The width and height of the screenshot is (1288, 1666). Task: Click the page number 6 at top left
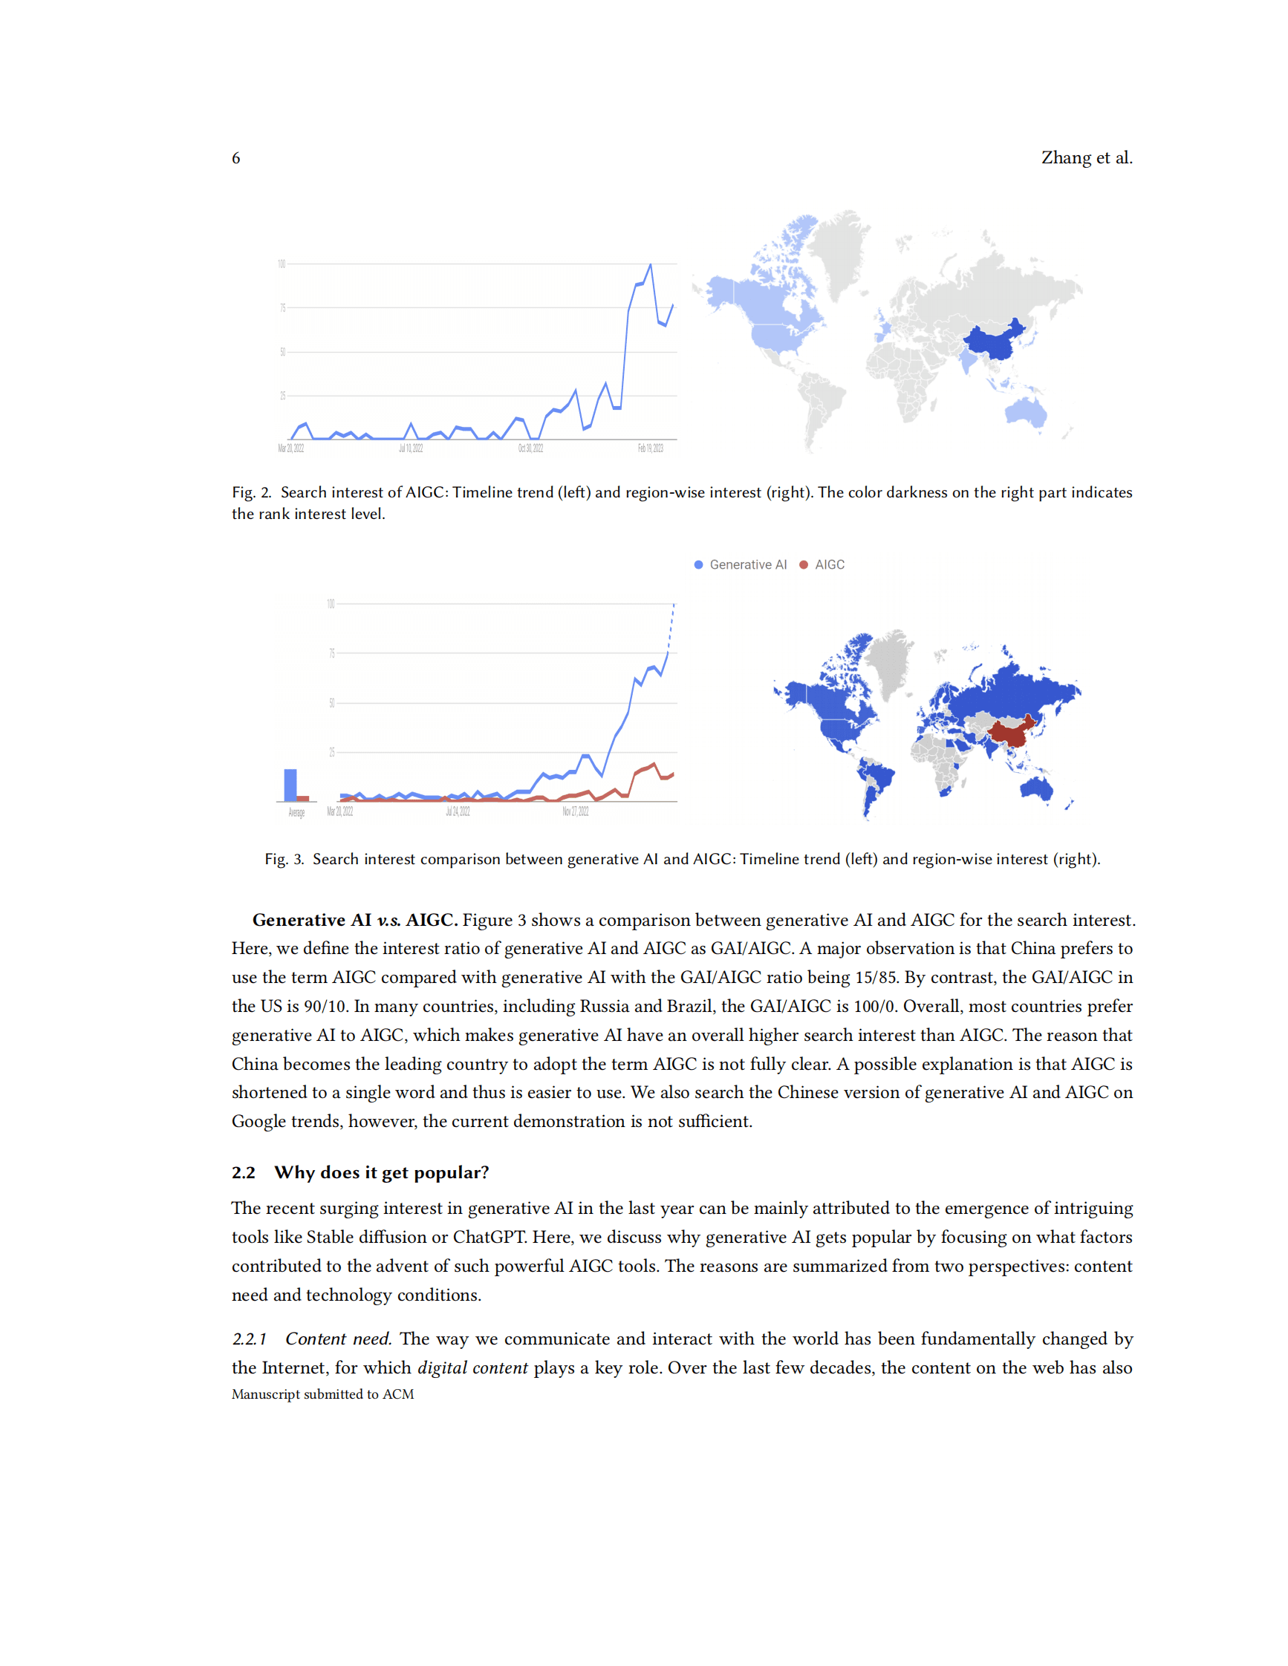pos(235,158)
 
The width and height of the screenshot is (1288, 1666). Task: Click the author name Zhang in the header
pos(1066,158)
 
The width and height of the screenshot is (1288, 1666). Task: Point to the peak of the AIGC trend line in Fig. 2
pos(650,265)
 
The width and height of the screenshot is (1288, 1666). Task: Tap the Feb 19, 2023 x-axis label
pos(650,448)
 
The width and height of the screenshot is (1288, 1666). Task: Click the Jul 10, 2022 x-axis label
pos(411,448)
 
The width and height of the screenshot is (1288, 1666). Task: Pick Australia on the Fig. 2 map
pos(1026,413)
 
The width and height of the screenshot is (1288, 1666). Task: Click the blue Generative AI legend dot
pos(698,564)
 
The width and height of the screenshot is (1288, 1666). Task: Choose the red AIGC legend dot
pos(804,564)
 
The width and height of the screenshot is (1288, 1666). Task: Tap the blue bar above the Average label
pos(290,785)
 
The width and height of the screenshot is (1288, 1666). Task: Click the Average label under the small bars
pos(296,813)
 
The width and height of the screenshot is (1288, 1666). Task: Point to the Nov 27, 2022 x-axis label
pos(576,811)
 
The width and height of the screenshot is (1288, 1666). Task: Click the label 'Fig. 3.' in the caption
pos(284,860)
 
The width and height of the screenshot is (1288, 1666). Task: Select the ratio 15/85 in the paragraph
pos(875,977)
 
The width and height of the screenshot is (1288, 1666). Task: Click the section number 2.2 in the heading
pos(244,1172)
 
